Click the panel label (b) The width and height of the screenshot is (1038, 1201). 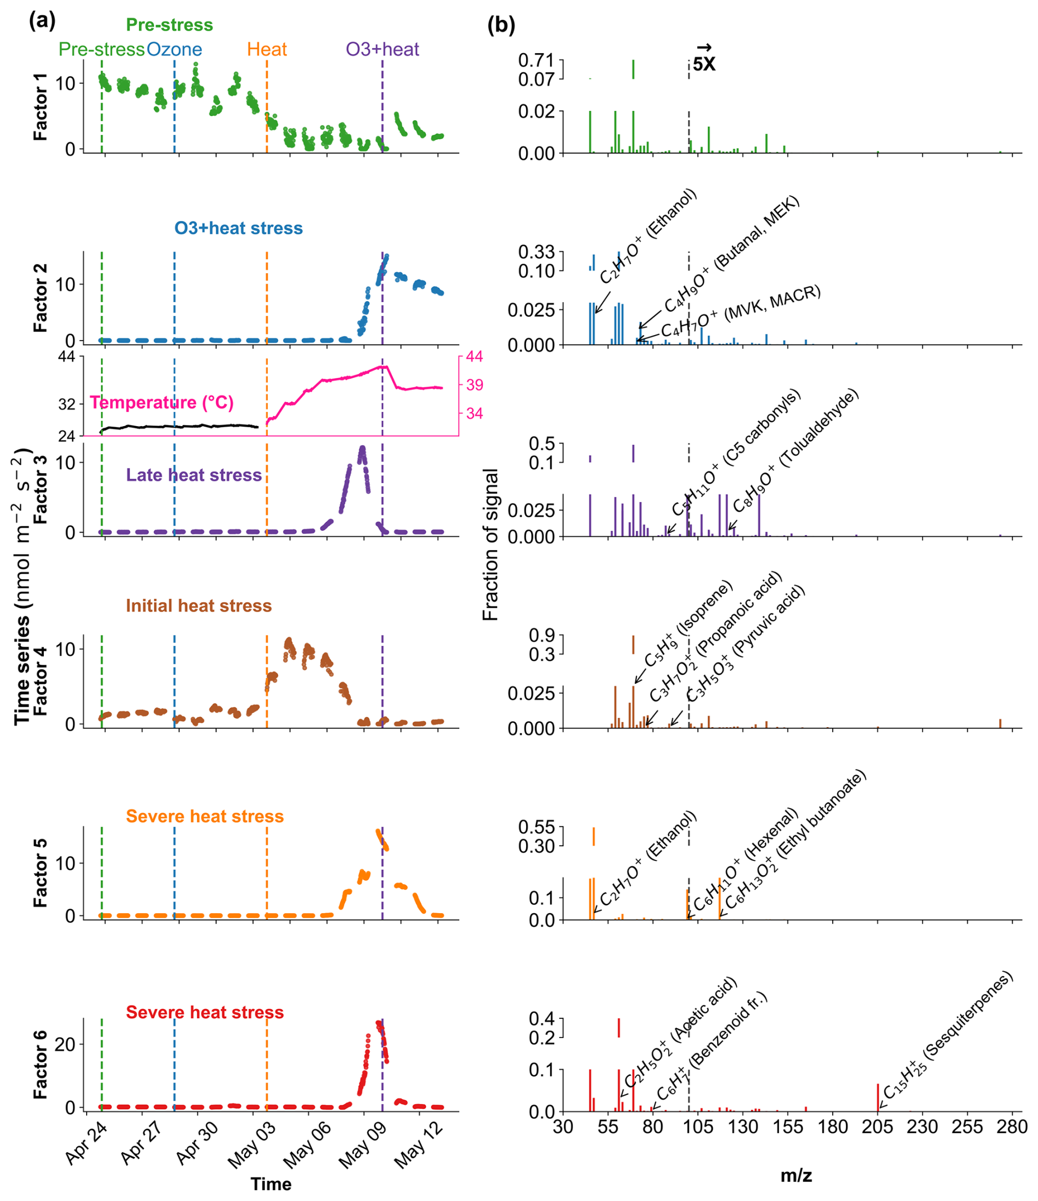(x=501, y=26)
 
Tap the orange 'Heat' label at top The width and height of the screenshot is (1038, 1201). (x=267, y=49)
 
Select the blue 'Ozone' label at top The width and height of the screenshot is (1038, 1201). (x=174, y=49)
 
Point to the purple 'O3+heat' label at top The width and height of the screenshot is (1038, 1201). (x=382, y=49)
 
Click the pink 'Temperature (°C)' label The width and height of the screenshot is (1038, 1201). (x=162, y=403)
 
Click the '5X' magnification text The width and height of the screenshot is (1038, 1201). (x=704, y=64)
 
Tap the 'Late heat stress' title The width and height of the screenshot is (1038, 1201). (x=194, y=475)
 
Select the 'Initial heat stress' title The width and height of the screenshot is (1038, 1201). (x=199, y=606)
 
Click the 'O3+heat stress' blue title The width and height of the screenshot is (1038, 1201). (x=238, y=228)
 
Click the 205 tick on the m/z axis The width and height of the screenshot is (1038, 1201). (x=877, y=1128)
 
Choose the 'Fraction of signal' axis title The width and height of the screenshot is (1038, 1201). (x=490, y=545)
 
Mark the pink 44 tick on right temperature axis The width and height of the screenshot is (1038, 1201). (x=475, y=356)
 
